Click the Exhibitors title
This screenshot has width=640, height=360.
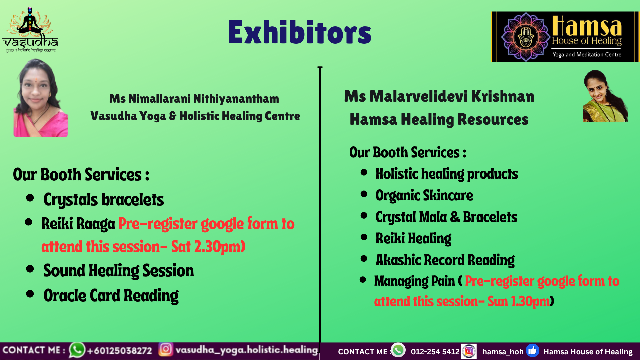(300, 32)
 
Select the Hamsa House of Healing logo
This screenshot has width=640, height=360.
(565, 37)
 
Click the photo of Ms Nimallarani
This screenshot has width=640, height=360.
(41, 98)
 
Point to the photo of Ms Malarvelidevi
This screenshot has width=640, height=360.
(605, 96)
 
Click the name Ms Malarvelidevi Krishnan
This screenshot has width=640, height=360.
(439, 96)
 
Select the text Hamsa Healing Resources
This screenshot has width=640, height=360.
(439, 119)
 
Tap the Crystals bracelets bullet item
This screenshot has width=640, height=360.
(104, 200)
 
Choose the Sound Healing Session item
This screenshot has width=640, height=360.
(119, 270)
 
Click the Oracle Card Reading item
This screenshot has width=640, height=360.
(111, 296)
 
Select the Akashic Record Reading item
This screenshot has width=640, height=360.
(445, 260)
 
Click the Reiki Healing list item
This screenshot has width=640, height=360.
(413, 239)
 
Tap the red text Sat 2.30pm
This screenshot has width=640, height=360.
(208, 247)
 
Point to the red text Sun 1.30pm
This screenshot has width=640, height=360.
(519, 301)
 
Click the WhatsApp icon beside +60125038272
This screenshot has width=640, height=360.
(77, 350)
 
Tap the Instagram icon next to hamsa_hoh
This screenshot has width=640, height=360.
(469, 351)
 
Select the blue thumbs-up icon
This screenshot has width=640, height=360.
(532, 351)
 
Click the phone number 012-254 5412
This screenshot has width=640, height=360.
(435, 352)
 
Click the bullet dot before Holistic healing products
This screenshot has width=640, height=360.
(364, 172)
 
